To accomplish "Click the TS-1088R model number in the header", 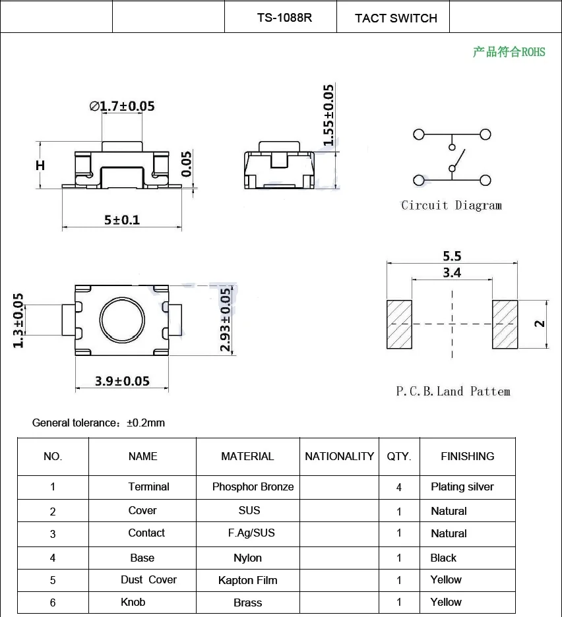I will [284, 18].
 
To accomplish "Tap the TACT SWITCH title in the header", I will [396, 18].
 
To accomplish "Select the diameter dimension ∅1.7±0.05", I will [122, 106].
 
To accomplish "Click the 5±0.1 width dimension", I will [122, 220].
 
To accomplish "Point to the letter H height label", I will [40, 165].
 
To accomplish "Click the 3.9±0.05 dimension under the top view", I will [122, 381].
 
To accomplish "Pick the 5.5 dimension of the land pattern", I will [452, 256].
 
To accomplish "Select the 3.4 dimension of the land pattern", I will [452, 272].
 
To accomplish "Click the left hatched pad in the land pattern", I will [398, 324].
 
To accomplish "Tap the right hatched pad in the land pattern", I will [505, 324].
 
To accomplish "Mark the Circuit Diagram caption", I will [451, 206].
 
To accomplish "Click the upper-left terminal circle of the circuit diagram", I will [419, 134].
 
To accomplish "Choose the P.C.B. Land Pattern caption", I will [453, 391].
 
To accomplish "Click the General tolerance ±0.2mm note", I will [99, 423].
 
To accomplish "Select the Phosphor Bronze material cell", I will [253, 487].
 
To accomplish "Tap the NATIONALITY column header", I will [339, 456].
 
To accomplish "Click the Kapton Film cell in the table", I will [247, 580].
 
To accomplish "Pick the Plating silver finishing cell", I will [462, 487].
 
